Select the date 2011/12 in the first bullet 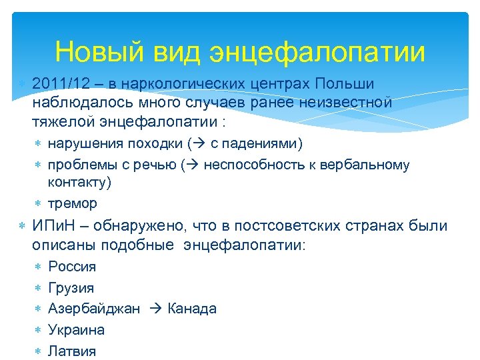(x=59, y=85)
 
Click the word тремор (x=73, y=203)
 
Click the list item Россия (x=72, y=267)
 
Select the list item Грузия (x=71, y=288)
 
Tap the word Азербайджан (x=94, y=309)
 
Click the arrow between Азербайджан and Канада (x=154, y=309)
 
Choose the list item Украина (x=76, y=330)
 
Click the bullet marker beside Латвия (x=38, y=351)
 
